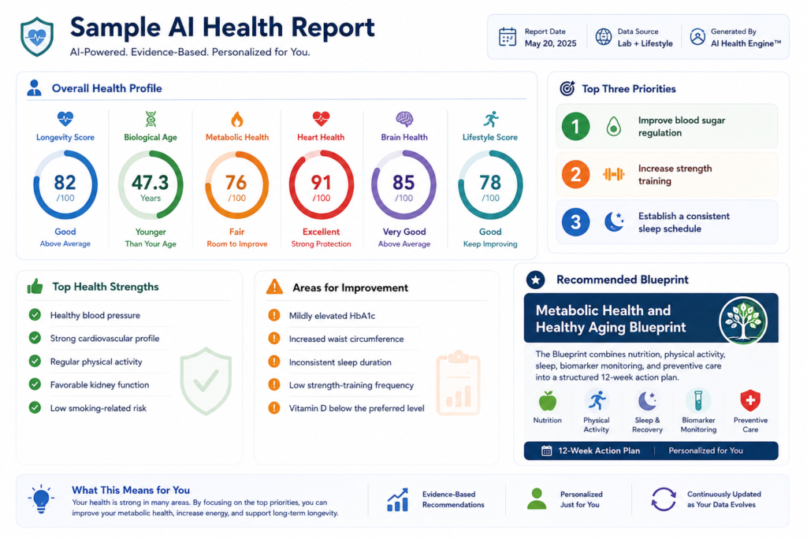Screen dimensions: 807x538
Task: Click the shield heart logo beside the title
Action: click(x=36, y=36)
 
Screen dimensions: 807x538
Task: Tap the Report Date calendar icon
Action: click(x=508, y=37)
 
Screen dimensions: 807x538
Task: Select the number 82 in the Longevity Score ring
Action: click(x=65, y=182)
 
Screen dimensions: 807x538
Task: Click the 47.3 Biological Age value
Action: click(x=151, y=182)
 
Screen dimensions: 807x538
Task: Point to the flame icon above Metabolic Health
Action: click(x=236, y=119)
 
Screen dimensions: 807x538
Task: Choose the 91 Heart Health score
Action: click(x=322, y=182)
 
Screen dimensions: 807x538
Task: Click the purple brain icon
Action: click(x=404, y=119)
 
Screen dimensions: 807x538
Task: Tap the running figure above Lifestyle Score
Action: click(x=491, y=119)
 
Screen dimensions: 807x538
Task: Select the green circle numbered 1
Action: click(x=575, y=127)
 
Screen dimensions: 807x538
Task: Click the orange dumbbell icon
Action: click(x=613, y=174)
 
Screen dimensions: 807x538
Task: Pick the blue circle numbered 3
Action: click(x=575, y=222)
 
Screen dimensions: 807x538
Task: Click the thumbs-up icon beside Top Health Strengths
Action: click(x=35, y=287)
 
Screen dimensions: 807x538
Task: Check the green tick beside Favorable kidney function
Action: click(x=35, y=384)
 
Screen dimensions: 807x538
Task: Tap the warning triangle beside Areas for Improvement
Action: click(x=274, y=287)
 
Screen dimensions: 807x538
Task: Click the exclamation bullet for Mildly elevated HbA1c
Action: click(x=274, y=315)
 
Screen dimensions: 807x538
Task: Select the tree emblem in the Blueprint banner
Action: click(x=743, y=321)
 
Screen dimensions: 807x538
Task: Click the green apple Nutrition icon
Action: click(x=547, y=401)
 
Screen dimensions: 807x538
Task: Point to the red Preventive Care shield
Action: click(x=750, y=400)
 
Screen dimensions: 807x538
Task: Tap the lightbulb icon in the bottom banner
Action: click(x=41, y=499)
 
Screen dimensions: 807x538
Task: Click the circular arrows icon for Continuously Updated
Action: click(x=664, y=499)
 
